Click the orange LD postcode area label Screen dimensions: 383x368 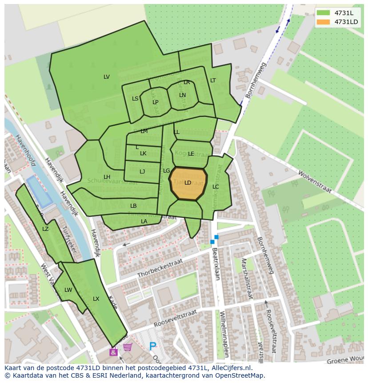pyautogui.click(x=188, y=183)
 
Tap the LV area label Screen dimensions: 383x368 pyautogui.click(x=107, y=77)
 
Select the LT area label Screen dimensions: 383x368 pyautogui.click(x=213, y=81)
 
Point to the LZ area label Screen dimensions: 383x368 pyautogui.click(x=45, y=229)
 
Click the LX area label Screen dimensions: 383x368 pyautogui.click(x=96, y=299)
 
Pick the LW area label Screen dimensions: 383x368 pyautogui.click(x=68, y=290)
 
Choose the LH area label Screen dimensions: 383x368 pyautogui.click(x=107, y=177)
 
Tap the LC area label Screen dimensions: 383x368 pyautogui.click(x=216, y=187)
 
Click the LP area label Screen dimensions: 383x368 pyautogui.click(x=155, y=102)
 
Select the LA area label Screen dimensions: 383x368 pyautogui.click(x=144, y=222)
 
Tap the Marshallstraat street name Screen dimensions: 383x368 pyautogui.click(x=247, y=278)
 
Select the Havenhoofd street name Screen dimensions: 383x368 pyautogui.click(x=25, y=150)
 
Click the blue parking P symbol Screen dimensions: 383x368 pyautogui.click(x=153, y=346)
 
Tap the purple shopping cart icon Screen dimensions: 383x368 pyautogui.click(x=128, y=347)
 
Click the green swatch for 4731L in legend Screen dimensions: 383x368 pyautogui.click(x=324, y=13)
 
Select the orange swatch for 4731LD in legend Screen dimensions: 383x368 pyautogui.click(x=324, y=22)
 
